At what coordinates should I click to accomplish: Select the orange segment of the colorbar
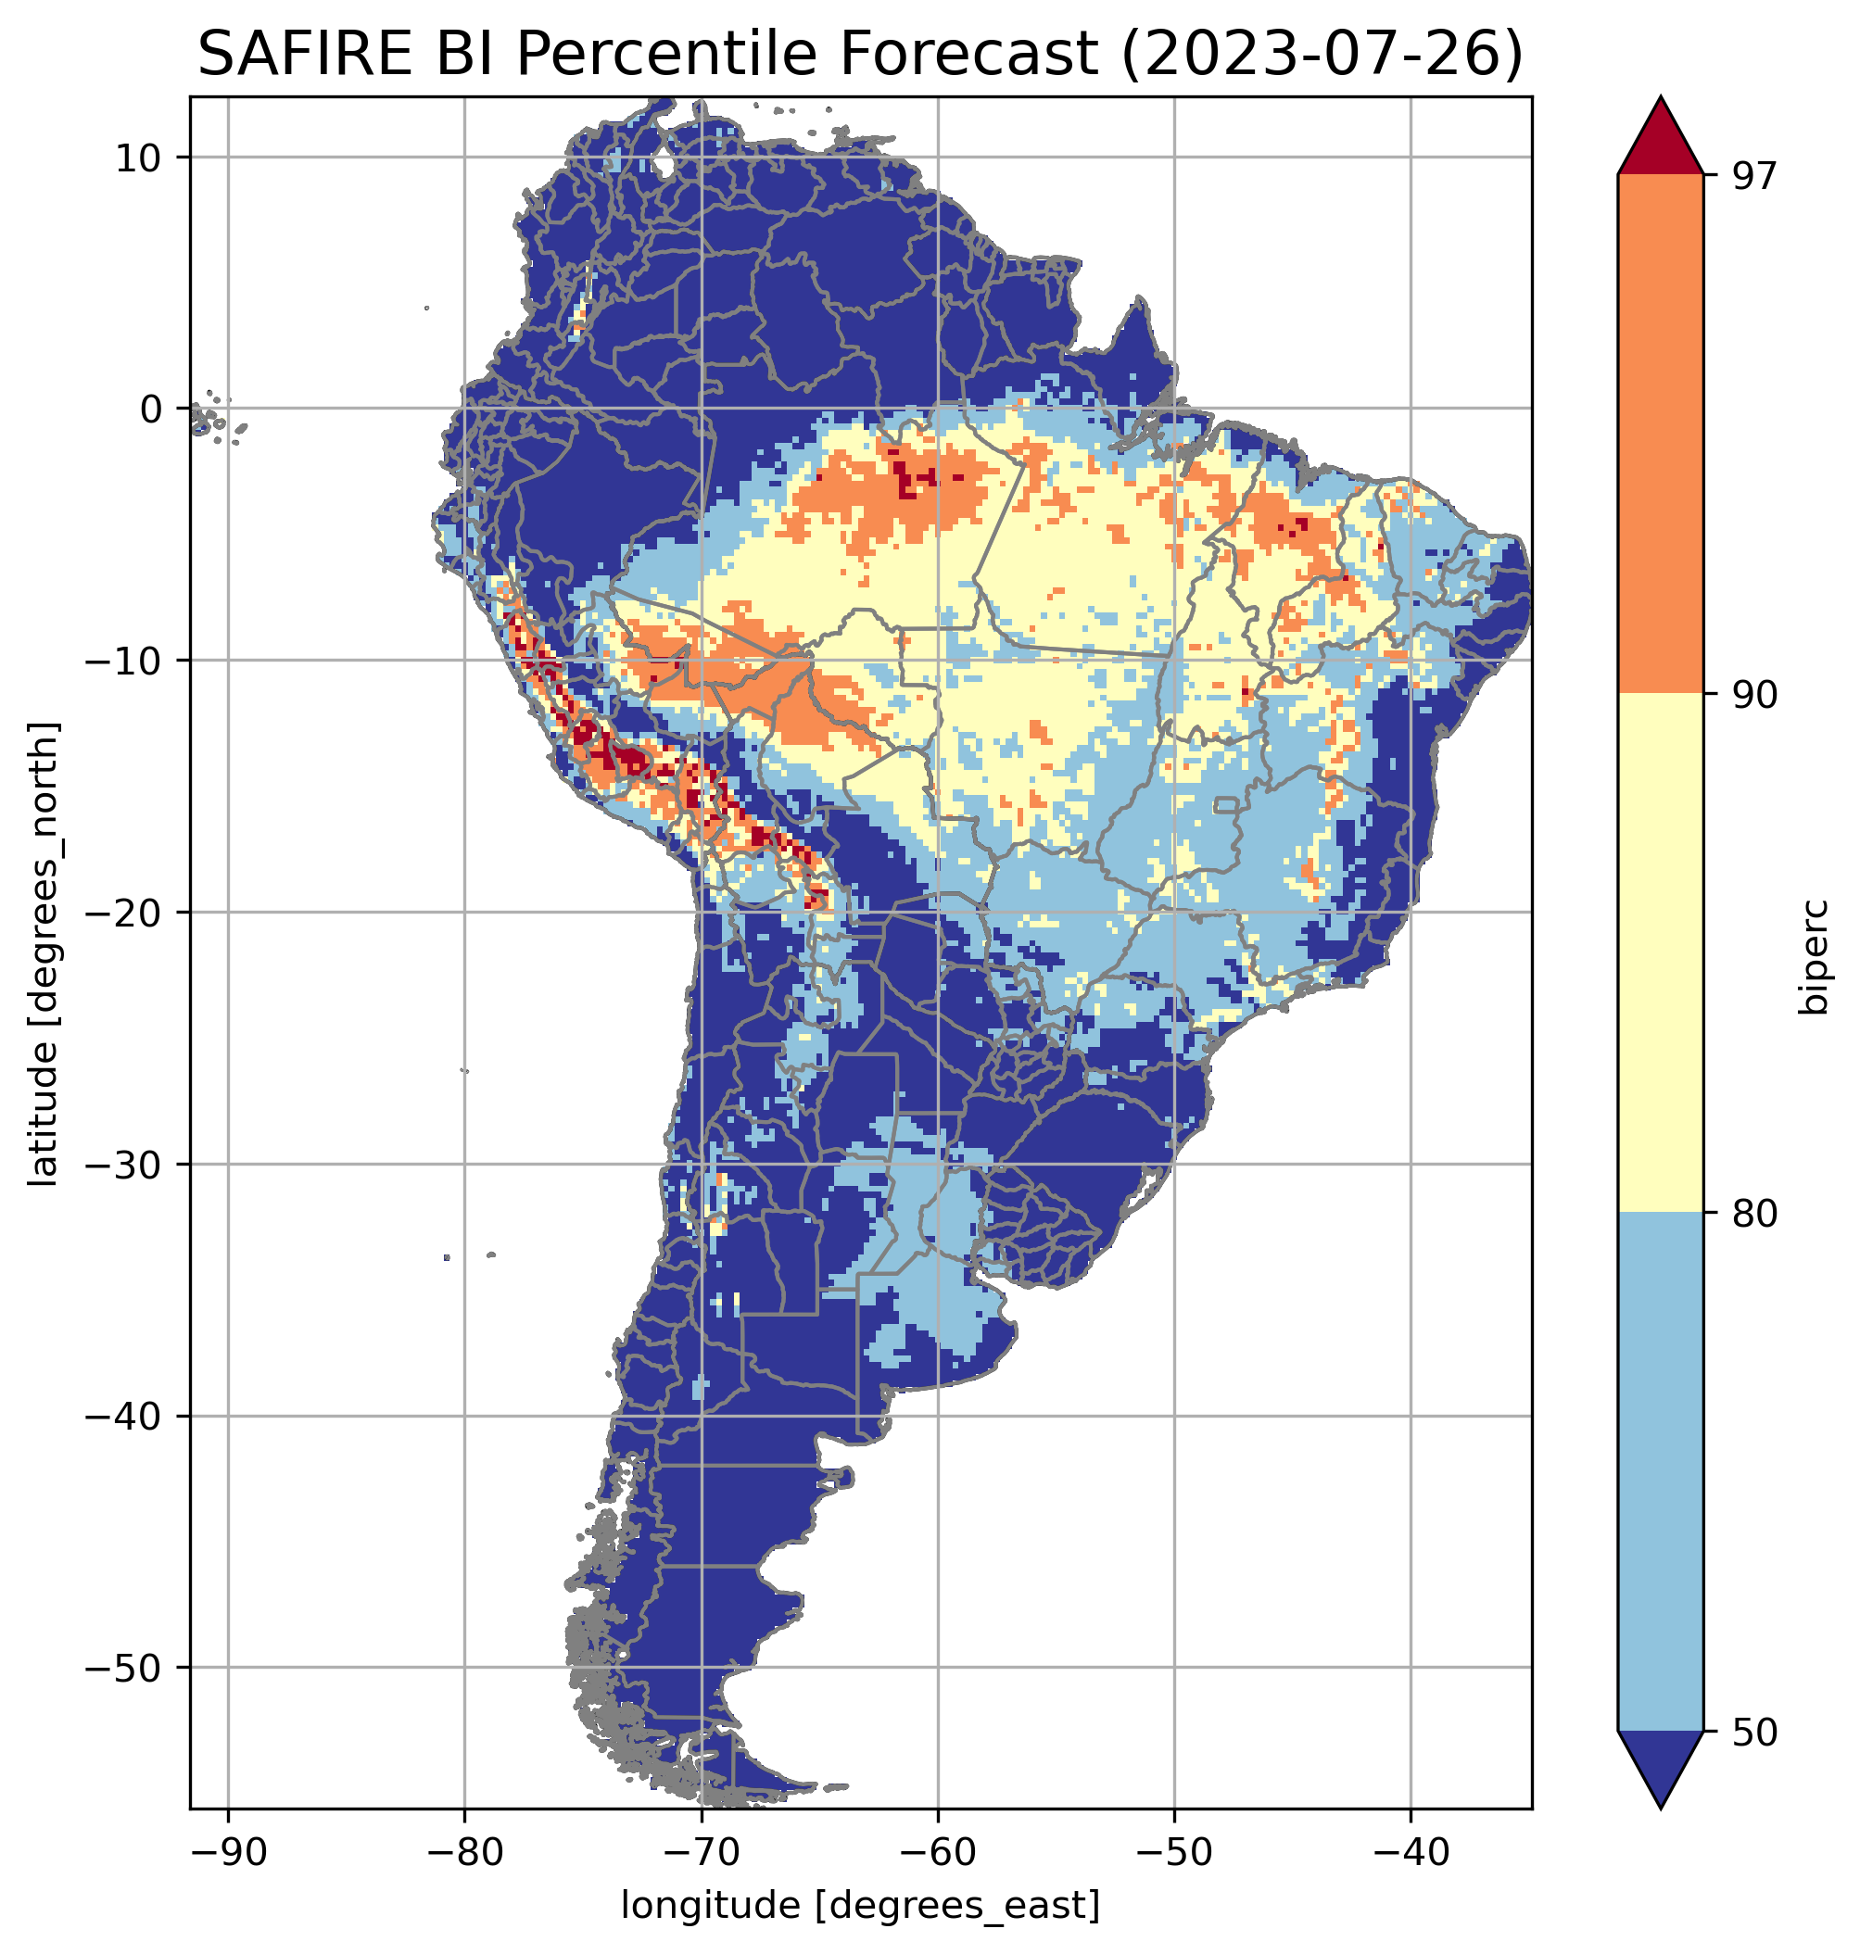point(1660,435)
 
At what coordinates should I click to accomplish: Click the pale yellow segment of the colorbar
point(1660,952)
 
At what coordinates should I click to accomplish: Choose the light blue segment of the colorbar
point(1660,1472)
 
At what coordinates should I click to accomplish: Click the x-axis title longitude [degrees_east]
point(860,1904)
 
